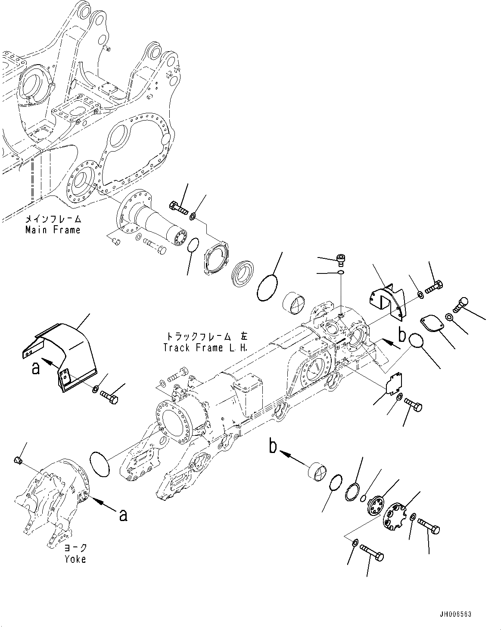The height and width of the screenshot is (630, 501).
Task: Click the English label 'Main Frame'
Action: coord(53,230)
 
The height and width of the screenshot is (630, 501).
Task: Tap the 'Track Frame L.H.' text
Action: coord(205,348)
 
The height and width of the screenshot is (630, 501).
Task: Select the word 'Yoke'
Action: coord(75,559)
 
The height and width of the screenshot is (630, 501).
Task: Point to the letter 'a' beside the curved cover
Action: coord(36,368)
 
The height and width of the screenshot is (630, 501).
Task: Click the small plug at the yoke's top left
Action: coord(18,461)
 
